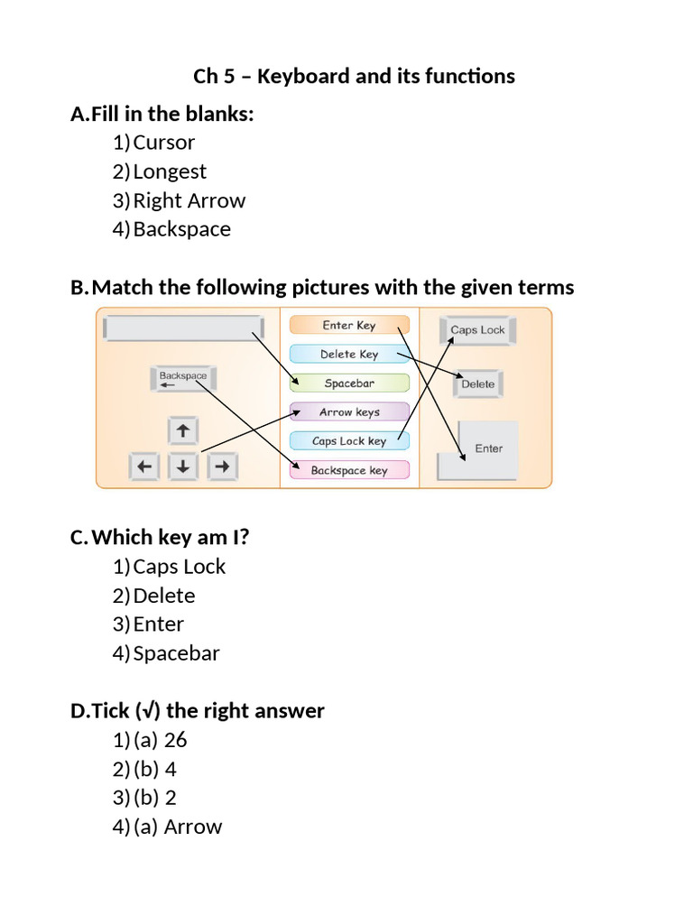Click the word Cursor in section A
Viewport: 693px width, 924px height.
click(x=163, y=143)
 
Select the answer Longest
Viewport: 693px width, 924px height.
click(x=170, y=171)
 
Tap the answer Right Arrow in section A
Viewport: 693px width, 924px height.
click(x=189, y=200)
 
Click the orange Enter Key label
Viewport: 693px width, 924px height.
click(x=349, y=325)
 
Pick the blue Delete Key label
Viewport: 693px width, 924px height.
click(x=349, y=355)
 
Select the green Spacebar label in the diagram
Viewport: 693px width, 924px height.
click(x=349, y=383)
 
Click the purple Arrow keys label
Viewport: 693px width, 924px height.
click(x=349, y=412)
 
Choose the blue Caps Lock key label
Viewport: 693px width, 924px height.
click(x=349, y=441)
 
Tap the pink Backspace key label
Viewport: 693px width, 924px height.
click(x=349, y=470)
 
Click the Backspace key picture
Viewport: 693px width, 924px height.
click(x=183, y=379)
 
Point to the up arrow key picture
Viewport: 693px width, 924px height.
click(x=183, y=431)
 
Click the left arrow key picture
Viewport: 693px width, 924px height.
click(x=144, y=467)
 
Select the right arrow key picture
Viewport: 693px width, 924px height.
click(x=223, y=467)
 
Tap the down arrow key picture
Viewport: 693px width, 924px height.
click(x=183, y=467)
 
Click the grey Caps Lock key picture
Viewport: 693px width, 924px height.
click(x=477, y=330)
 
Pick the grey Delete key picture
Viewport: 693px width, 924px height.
click(x=477, y=384)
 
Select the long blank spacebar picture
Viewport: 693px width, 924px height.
click(x=183, y=328)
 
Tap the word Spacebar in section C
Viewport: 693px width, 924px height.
click(x=176, y=653)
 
